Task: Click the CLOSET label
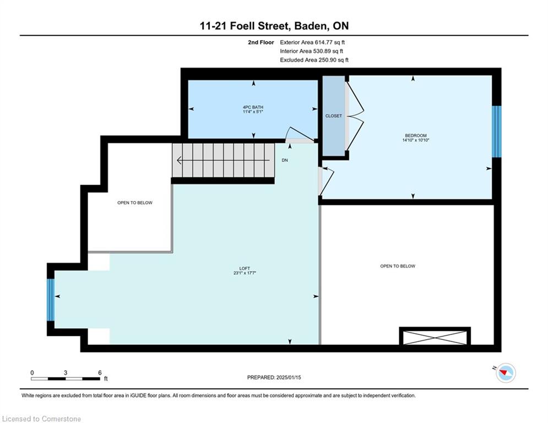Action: tap(333, 116)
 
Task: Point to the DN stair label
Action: tap(285, 160)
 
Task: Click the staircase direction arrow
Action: tap(223, 160)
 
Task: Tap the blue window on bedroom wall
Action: tap(497, 132)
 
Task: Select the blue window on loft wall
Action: tap(51, 300)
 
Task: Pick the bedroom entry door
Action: tap(325, 181)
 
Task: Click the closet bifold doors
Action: tap(355, 116)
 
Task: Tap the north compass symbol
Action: tap(506, 373)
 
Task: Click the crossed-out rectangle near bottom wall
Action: tap(435, 337)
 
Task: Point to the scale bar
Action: tap(66, 378)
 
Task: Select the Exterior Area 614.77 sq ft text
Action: tap(312, 42)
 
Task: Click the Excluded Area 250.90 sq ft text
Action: tap(314, 60)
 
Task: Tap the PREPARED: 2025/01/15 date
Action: tap(274, 377)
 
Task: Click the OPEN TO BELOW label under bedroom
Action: tap(398, 266)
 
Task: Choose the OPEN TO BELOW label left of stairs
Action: tap(135, 203)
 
